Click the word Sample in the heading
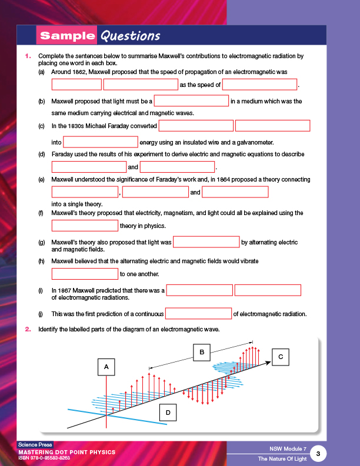tap(67, 36)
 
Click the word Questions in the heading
tap(130, 36)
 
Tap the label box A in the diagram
tap(106, 367)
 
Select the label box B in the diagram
tap(202, 351)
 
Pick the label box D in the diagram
tap(168, 413)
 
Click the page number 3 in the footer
tap(318, 453)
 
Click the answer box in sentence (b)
tap(191, 101)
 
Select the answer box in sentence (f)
tap(85, 226)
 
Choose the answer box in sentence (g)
tap(206, 242)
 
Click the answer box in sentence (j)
tap(199, 313)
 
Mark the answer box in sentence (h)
tap(85, 274)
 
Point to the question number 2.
tap(27, 329)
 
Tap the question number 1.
tap(27, 56)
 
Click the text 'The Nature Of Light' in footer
tap(282, 458)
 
